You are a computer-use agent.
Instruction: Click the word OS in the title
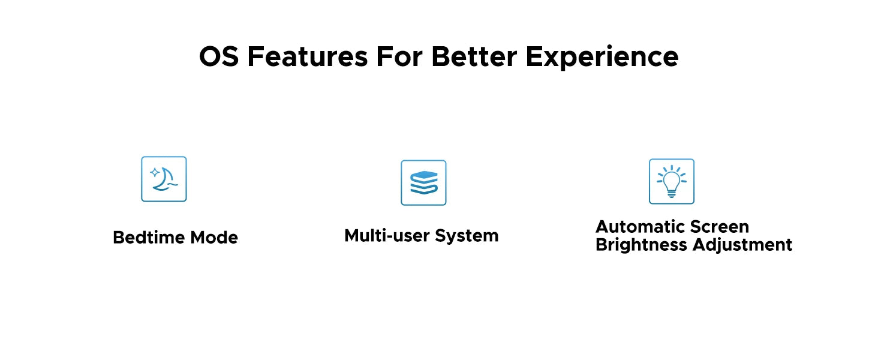pos(219,56)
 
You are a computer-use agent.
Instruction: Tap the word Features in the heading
pos(308,56)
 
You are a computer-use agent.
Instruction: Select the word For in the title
pos(399,56)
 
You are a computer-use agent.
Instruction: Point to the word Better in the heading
pos(474,56)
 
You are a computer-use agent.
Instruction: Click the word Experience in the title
pos(602,57)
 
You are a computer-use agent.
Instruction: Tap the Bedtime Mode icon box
pos(164,179)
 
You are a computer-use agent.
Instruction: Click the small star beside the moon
pos(155,173)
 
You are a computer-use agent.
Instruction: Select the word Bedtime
pos(149,237)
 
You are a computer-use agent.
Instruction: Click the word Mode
pos(214,237)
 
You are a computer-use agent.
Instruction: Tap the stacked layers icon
pos(424,182)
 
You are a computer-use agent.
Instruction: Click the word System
pos(467,236)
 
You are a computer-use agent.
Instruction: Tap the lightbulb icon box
pos(672,181)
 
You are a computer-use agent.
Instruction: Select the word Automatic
pos(640,227)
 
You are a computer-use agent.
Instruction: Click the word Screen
pos(719,227)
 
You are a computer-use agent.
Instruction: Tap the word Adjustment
pos(742,245)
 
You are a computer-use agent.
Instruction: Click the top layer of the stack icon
pos(424,175)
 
